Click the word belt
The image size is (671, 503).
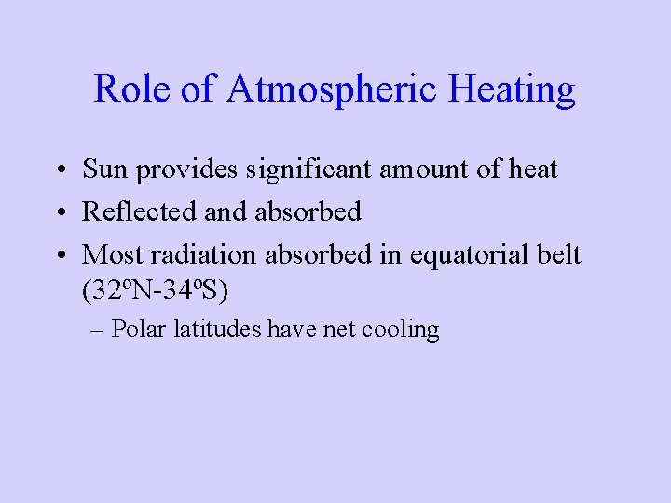tap(556, 253)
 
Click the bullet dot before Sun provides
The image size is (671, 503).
tap(59, 170)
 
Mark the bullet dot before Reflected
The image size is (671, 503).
tap(59, 212)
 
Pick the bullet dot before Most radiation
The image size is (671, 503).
tap(59, 254)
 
